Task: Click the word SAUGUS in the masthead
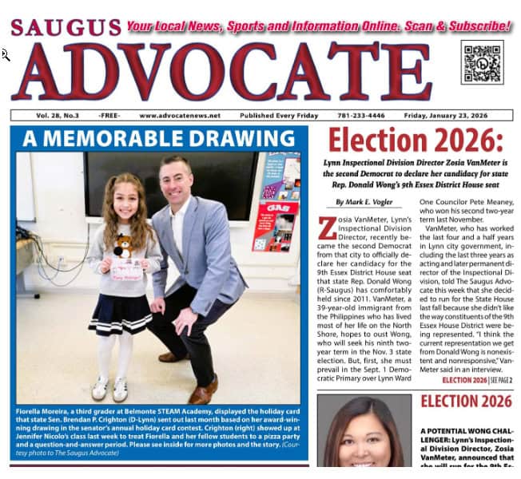tap(66, 27)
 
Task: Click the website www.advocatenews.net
tap(172, 115)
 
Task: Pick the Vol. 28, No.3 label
tap(43, 115)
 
